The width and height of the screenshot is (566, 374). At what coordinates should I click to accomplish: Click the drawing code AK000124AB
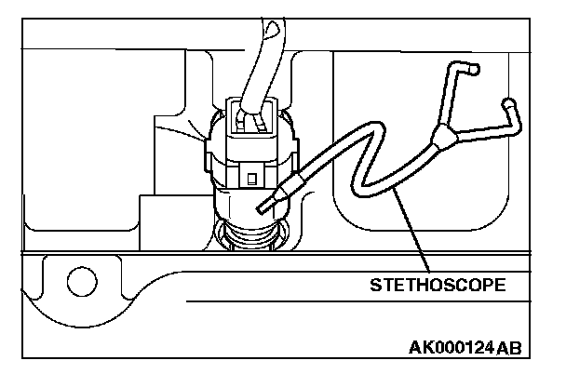pyautogui.click(x=465, y=348)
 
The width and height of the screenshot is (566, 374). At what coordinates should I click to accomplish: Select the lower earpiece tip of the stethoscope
pyautogui.click(x=508, y=102)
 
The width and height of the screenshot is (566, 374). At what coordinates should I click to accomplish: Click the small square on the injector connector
pyautogui.click(x=251, y=174)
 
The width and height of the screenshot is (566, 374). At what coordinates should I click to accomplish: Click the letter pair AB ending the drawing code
pyautogui.click(x=509, y=348)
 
